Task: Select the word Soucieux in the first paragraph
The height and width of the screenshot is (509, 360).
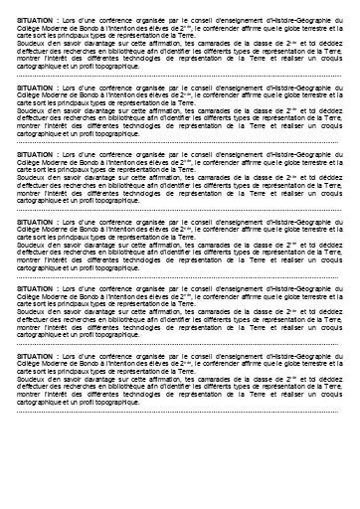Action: click(31, 41)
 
